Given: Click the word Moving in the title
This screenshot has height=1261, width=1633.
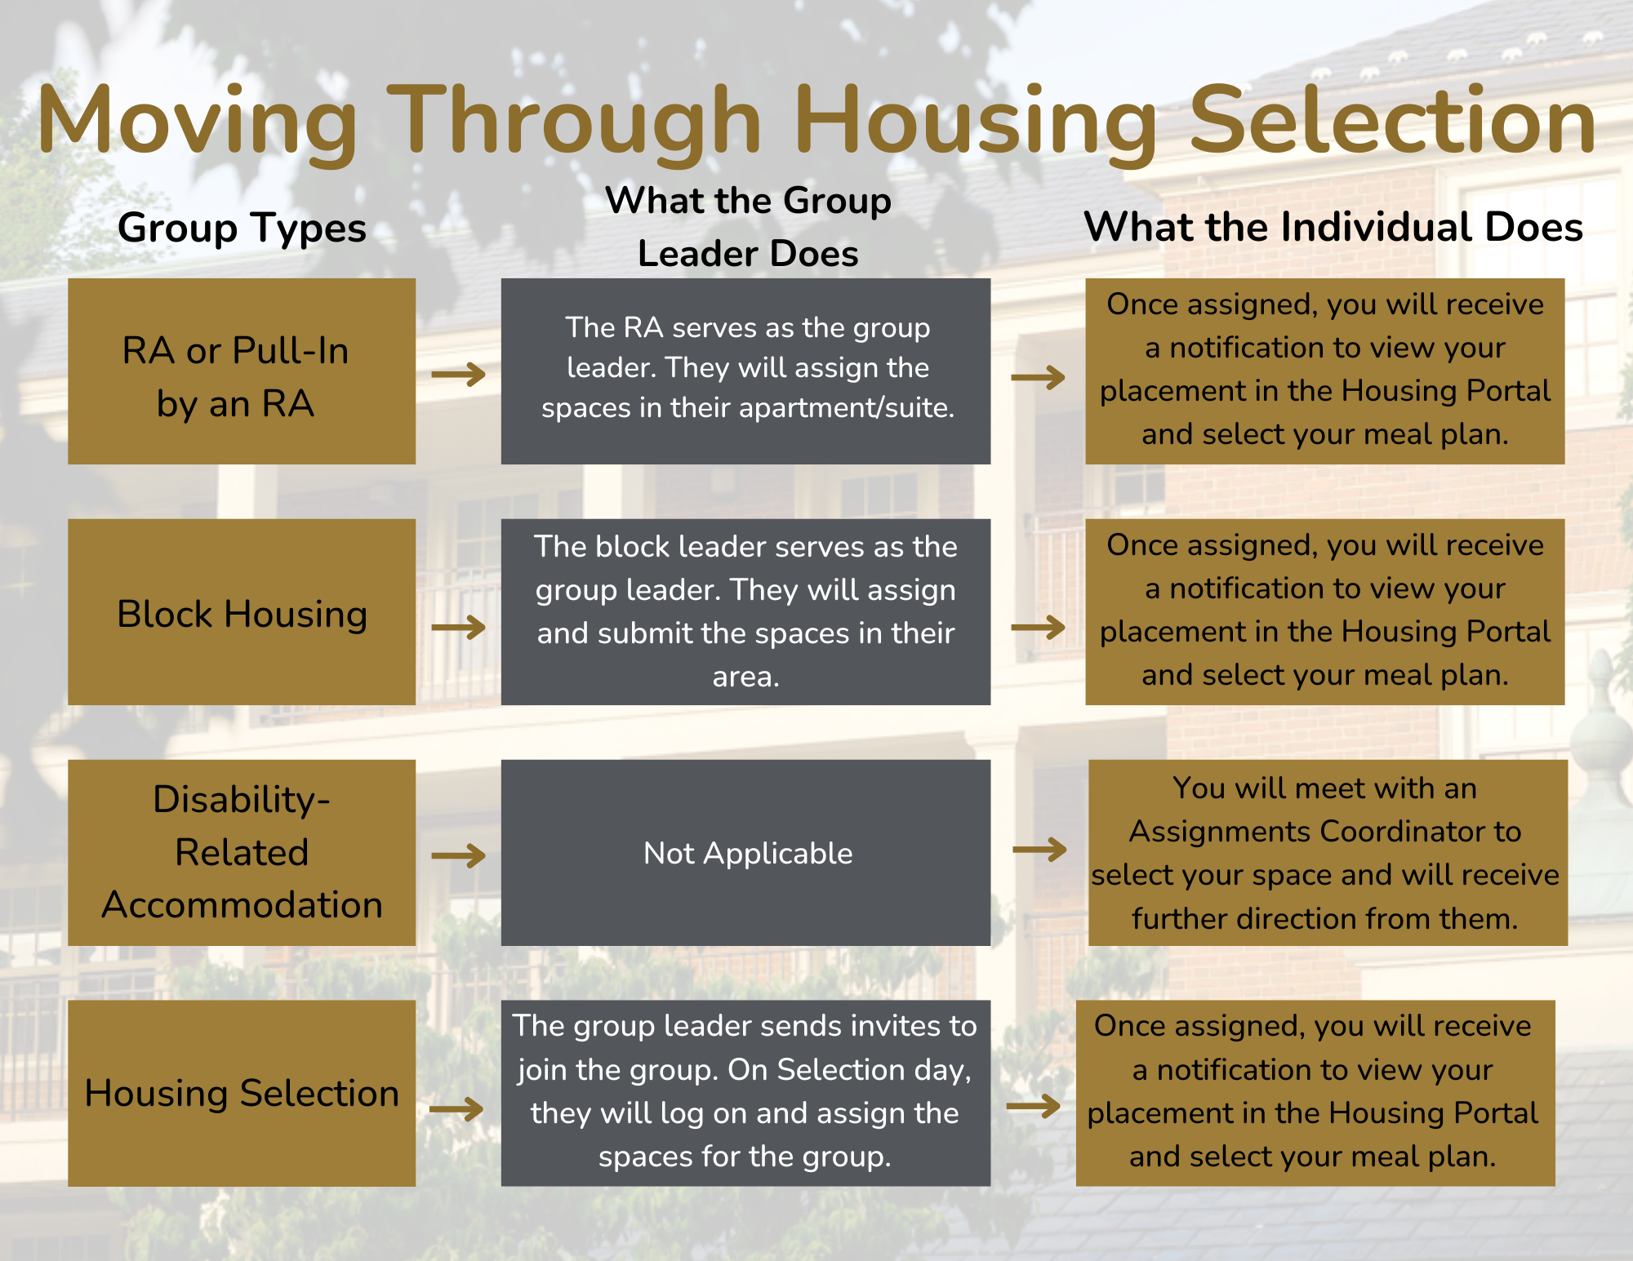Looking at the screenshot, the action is (x=197, y=122).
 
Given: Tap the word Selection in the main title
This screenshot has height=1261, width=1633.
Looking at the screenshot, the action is (x=1392, y=119).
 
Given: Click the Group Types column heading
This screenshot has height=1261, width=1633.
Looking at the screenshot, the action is (x=242, y=228).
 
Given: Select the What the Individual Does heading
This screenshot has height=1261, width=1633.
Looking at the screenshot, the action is (x=1333, y=226).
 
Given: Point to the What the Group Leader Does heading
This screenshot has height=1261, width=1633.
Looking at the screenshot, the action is (x=748, y=227).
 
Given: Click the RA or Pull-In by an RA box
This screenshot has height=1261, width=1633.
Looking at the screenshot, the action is (x=242, y=371).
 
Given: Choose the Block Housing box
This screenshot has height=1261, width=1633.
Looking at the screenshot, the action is (x=242, y=612).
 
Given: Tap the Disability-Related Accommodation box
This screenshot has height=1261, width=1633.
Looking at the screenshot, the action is (x=242, y=853).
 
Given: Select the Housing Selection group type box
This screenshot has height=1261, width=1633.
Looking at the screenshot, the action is (x=242, y=1093).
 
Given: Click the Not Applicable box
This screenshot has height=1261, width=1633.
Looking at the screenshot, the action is (x=745, y=853).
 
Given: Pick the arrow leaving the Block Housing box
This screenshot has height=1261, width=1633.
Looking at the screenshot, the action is (x=459, y=628).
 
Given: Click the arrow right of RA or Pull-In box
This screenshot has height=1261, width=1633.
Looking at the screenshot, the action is (x=459, y=375).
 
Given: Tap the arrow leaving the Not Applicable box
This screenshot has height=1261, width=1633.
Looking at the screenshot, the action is (x=1039, y=850).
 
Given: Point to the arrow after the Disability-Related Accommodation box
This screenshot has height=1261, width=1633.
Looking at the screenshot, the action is (x=459, y=856).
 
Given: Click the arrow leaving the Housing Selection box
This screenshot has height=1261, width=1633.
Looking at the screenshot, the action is (x=457, y=1108).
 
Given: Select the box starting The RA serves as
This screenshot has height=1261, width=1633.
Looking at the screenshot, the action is (x=745, y=371).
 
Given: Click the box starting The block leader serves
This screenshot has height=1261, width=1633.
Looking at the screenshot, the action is (x=745, y=612).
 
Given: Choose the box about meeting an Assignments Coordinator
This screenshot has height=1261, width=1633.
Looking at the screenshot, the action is (x=1328, y=853).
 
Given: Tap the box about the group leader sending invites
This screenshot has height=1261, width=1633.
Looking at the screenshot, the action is (x=745, y=1093).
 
